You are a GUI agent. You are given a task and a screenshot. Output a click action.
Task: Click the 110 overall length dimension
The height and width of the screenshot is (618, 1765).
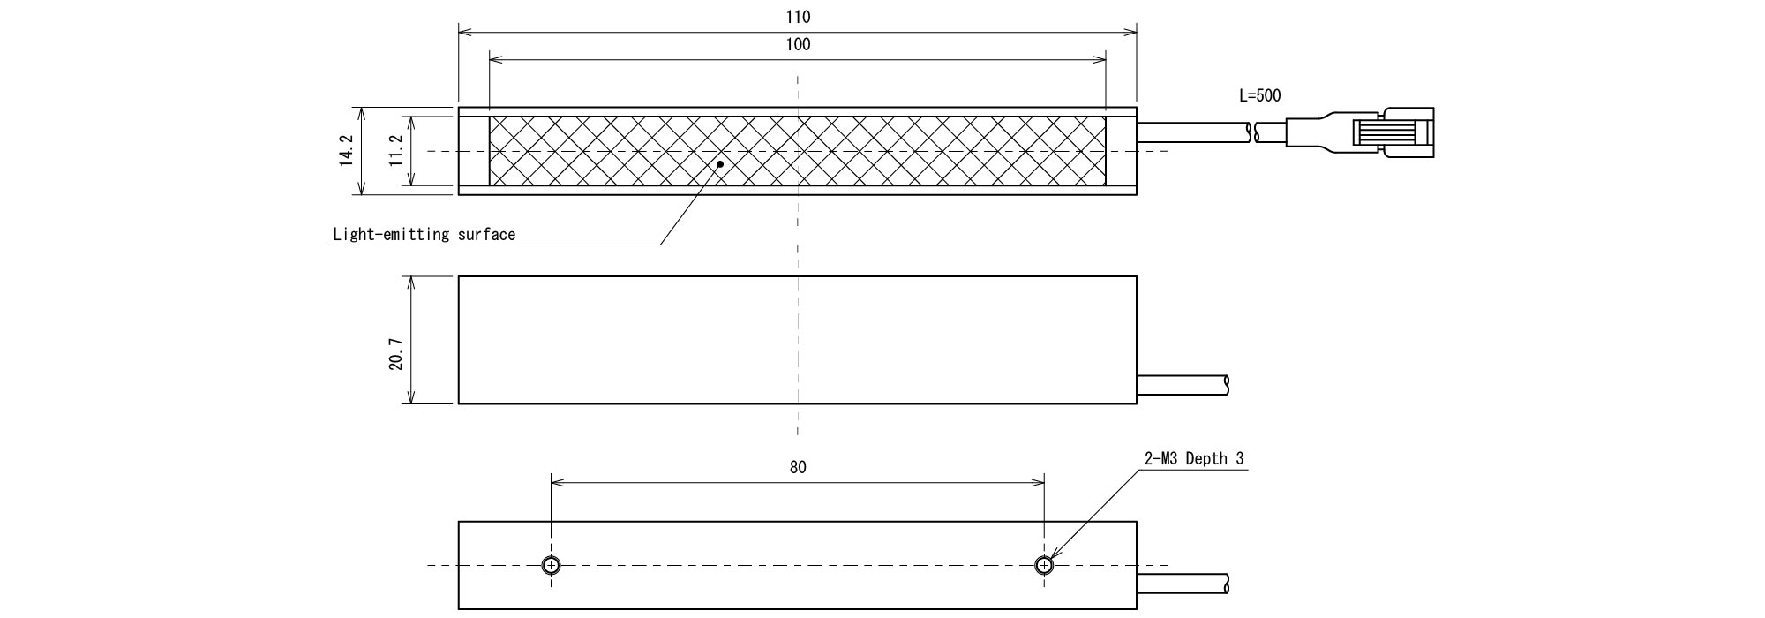coord(797,17)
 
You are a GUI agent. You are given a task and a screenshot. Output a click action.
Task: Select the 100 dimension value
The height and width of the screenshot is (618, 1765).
coord(797,45)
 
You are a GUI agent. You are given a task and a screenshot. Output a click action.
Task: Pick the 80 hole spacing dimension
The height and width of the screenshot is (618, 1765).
coord(797,467)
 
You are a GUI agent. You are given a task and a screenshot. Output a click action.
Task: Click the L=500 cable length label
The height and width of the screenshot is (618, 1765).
coord(1259,96)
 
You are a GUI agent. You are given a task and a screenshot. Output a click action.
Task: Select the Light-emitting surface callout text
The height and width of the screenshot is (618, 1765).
coord(424,235)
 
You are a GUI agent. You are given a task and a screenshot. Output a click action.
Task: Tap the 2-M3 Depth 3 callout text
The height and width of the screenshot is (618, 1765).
coord(1194,459)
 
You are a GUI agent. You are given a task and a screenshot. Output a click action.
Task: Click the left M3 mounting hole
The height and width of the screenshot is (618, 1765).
coord(552,565)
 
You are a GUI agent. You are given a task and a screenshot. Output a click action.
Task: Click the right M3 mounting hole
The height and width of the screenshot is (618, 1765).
coord(1045,565)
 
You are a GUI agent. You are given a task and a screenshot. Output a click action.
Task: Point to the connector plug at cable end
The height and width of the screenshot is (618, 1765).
coord(1390,132)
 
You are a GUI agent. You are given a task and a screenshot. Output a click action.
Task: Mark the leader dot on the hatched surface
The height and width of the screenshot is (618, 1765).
coord(720,163)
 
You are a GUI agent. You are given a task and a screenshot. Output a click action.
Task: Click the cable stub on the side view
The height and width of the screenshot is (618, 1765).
coord(1183,384)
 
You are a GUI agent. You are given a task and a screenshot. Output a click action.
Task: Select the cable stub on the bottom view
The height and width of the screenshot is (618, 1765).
coord(1183,584)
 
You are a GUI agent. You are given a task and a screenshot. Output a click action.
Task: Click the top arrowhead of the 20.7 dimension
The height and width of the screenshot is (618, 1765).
coord(410,282)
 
